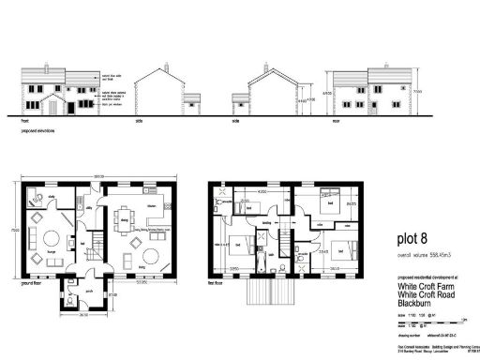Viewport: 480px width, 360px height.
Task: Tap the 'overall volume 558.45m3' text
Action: click(x=404, y=255)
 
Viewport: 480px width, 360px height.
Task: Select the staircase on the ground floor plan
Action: click(x=93, y=239)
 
